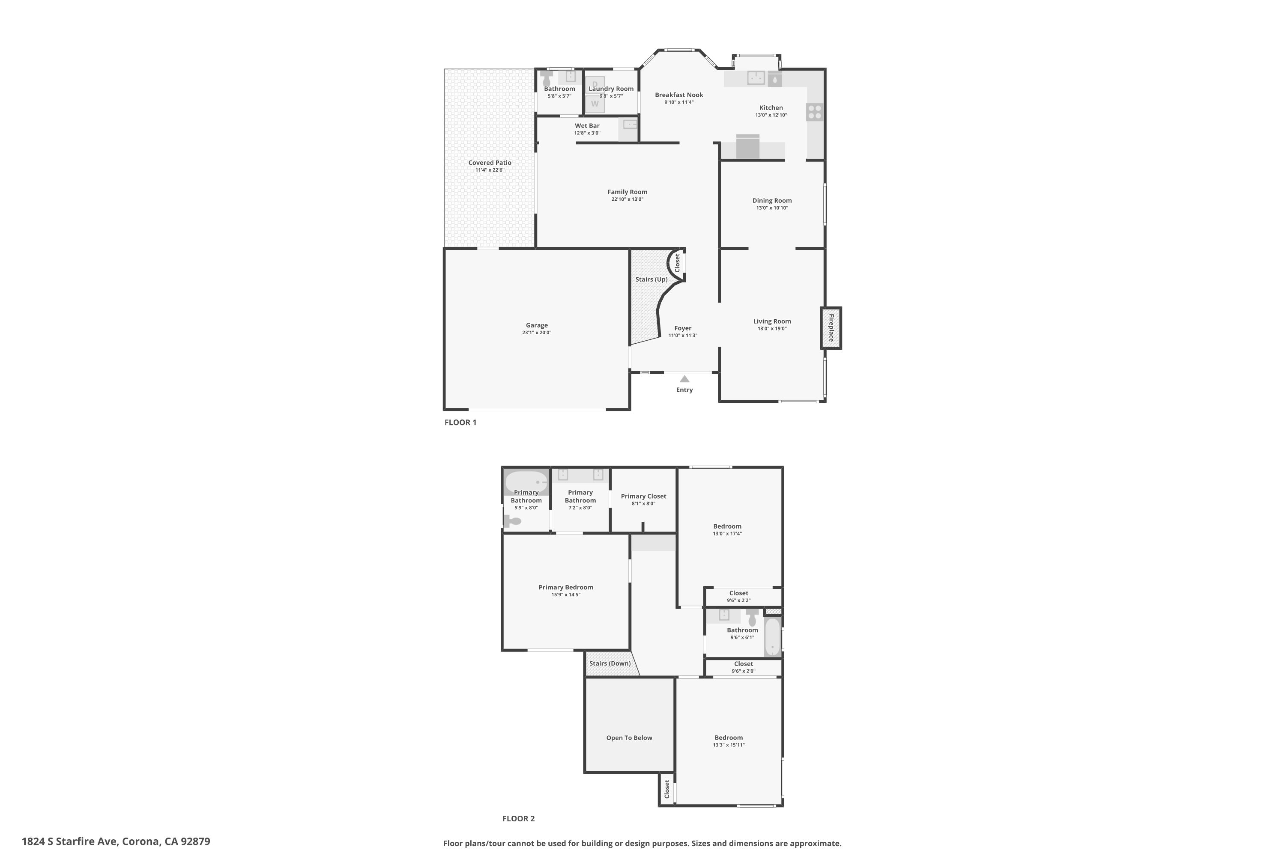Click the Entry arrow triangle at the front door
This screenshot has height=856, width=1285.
(684, 379)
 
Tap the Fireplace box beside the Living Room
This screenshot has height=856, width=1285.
(831, 328)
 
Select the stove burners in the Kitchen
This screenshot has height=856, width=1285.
(815, 112)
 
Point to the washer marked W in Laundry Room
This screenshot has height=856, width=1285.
(595, 104)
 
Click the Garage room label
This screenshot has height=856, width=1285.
(537, 325)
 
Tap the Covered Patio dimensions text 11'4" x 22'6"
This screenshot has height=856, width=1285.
(490, 170)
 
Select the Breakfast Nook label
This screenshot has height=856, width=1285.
(678, 95)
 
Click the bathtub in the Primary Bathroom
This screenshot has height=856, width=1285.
(526, 482)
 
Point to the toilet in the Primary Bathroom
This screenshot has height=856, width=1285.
(513, 521)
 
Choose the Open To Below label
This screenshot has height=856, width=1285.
(629, 738)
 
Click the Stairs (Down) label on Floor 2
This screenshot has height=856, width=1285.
(610, 664)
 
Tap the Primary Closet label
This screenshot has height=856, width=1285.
(643, 496)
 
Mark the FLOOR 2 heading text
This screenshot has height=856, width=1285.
(518, 818)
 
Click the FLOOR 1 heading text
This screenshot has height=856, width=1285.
(460, 422)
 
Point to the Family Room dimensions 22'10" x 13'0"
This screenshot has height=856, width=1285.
(627, 199)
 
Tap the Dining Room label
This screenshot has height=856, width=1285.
(771, 200)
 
